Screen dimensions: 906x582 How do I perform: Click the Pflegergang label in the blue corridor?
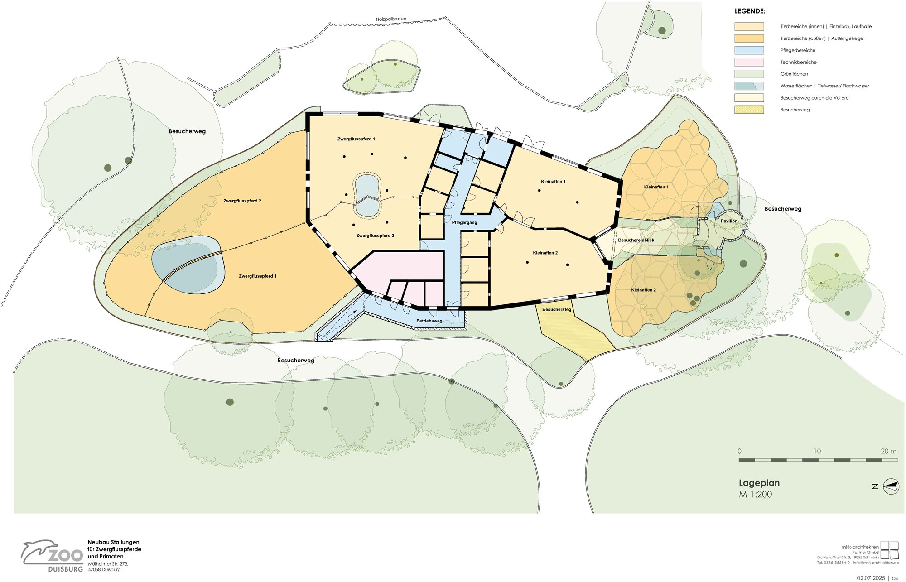pos(464,222)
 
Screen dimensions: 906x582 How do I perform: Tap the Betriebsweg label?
pos(429,321)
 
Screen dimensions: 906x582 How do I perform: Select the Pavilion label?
pos(729,221)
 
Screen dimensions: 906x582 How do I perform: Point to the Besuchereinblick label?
pos(636,240)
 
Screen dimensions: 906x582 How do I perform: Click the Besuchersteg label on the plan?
pos(557,309)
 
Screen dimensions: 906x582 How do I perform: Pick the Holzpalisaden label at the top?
pos(391,19)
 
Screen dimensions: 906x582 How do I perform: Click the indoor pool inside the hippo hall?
pos(367,196)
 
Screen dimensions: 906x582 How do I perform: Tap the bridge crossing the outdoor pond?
pos(191,266)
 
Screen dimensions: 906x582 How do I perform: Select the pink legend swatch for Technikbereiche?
pos(749,62)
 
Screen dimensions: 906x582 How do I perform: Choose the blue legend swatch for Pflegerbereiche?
pos(749,50)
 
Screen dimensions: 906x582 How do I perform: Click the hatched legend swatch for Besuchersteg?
pos(749,110)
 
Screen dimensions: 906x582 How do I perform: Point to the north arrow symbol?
pos(891,486)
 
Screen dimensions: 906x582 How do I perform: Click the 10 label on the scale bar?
pos(817,451)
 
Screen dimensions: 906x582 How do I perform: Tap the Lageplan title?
pos(759,483)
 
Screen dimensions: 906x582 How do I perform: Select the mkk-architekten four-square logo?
pos(889,550)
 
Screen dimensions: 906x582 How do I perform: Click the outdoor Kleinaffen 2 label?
pos(643,290)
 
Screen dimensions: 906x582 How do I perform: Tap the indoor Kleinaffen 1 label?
pos(553,182)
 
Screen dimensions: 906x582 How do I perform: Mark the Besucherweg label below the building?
pos(296,361)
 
